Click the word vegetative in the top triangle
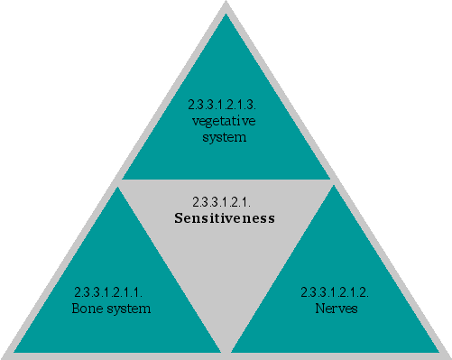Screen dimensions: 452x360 pos(225,123)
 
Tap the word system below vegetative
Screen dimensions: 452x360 pos(226,138)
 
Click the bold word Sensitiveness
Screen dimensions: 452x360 pos(225,218)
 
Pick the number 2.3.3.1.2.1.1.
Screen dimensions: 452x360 pos(110,292)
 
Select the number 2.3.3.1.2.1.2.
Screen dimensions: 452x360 pos(335,292)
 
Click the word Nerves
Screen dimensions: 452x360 pos(335,309)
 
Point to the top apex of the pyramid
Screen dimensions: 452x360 pos(226,4)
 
